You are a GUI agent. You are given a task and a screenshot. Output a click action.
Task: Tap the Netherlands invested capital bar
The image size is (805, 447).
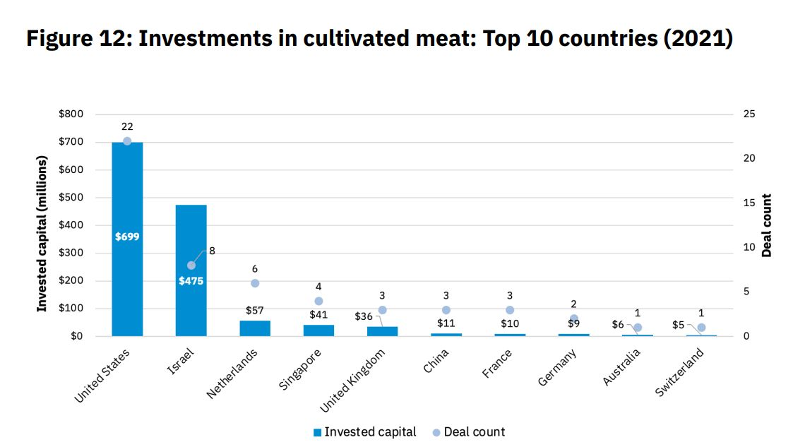click(x=255, y=328)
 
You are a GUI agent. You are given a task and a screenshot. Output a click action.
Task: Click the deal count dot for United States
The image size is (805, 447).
click(x=127, y=141)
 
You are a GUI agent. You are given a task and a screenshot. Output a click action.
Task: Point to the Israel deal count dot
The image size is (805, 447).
click(x=191, y=266)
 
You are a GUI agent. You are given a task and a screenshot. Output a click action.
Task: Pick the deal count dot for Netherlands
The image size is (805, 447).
click(x=255, y=283)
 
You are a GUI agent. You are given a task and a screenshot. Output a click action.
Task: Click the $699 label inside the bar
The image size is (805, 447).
click(x=127, y=237)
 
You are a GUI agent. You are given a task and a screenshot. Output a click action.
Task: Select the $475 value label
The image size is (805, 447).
click(x=191, y=281)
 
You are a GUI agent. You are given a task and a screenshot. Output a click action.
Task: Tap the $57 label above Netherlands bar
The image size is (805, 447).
click(x=254, y=310)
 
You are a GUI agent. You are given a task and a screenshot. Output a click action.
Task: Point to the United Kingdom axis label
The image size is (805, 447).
click(x=353, y=382)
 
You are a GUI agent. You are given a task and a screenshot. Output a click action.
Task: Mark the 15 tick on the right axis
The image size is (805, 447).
click(x=750, y=203)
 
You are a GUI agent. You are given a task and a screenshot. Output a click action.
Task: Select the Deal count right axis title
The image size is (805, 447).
click(x=768, y=225)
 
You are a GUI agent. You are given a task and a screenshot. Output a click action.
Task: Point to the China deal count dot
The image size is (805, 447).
click(x=446, y=310)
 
